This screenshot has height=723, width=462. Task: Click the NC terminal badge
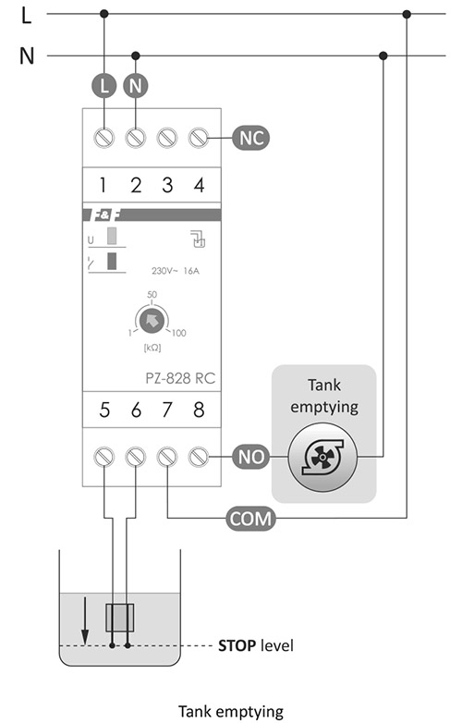(x=251, y=138)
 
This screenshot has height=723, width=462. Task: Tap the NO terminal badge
(x=251, y=457)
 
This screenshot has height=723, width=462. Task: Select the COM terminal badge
(x=251, y=519)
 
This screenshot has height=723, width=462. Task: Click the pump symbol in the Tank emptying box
(x=322, y=458)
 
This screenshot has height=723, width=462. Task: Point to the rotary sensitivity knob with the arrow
(x=152, y=320)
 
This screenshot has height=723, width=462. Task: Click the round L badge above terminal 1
(x=104, y=86)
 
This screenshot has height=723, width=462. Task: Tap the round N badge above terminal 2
(x=136, y=86)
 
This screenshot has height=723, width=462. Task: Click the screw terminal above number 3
(x=167, y=138)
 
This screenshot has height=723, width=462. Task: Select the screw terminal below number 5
(x=104, y=457)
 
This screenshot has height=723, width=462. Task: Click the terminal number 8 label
(x=199, y=410)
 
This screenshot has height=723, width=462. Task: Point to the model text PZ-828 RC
(x=180, y=378)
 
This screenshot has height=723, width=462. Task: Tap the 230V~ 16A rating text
(x=176, y=271)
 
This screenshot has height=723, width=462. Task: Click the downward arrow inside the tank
(x=85, y=620)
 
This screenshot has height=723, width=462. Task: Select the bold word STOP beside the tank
(x=237, y=645)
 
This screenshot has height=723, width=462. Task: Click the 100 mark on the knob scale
(x=178, y=333)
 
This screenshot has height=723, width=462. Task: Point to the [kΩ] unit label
(x=152, y=348)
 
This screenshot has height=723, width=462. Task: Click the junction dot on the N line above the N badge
(x=136, y=55)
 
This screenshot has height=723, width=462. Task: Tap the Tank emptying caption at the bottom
(x=231, y=712)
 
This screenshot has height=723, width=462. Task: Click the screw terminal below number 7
(x=166, y=457)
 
